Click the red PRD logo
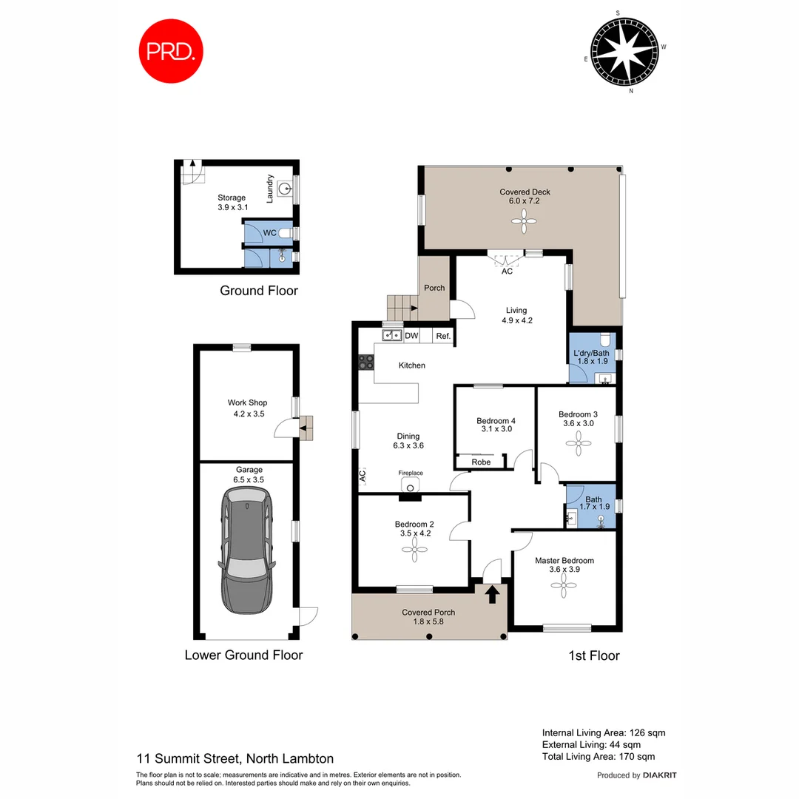(x=172, y=50)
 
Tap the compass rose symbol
(x=626, y=50)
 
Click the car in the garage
(x=246, y=553)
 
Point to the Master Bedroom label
(x=564, y=560)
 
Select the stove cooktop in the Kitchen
(x=366, y=362)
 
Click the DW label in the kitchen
(x=411, y=336)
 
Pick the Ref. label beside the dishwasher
(x=442, y=336)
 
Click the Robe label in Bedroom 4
(x=481, y=462)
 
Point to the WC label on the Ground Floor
(x=269, y=233)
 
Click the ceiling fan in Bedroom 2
(x=414, y=547)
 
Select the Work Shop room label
(x=247, y=402)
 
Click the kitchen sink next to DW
(x=391, y=336)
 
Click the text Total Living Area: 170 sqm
(x=598, y=756)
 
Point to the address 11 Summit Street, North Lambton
(x=235, y=758)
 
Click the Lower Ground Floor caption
(x=243, y=655)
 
